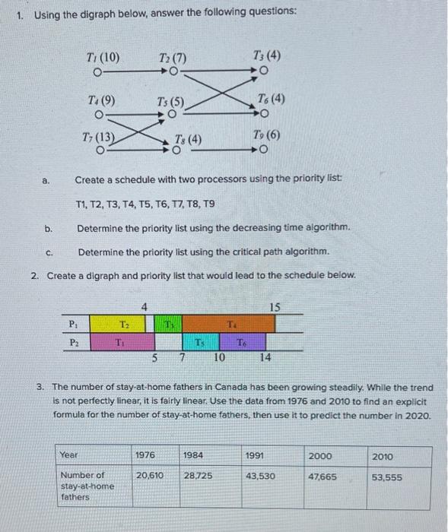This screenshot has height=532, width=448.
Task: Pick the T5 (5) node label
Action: pos(170,101)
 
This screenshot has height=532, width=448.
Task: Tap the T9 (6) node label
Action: pos(268,134)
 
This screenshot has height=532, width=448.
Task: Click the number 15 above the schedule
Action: pos(275,307)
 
